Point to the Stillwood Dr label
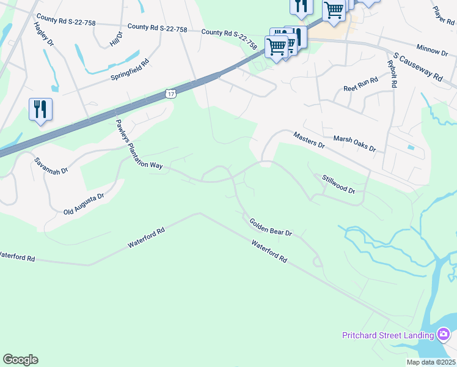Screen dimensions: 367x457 338,184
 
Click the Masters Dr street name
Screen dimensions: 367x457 309,140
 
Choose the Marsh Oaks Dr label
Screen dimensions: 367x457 354,144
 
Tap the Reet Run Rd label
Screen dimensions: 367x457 360,84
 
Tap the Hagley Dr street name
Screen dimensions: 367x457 45,36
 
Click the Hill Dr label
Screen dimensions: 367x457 116,39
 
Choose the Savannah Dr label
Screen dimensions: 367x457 50,166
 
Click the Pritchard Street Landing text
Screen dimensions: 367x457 387,335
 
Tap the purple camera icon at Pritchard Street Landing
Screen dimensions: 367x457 444,335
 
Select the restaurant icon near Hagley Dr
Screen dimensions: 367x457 40,109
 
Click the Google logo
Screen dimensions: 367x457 20,360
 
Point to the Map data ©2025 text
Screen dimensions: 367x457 430,362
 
